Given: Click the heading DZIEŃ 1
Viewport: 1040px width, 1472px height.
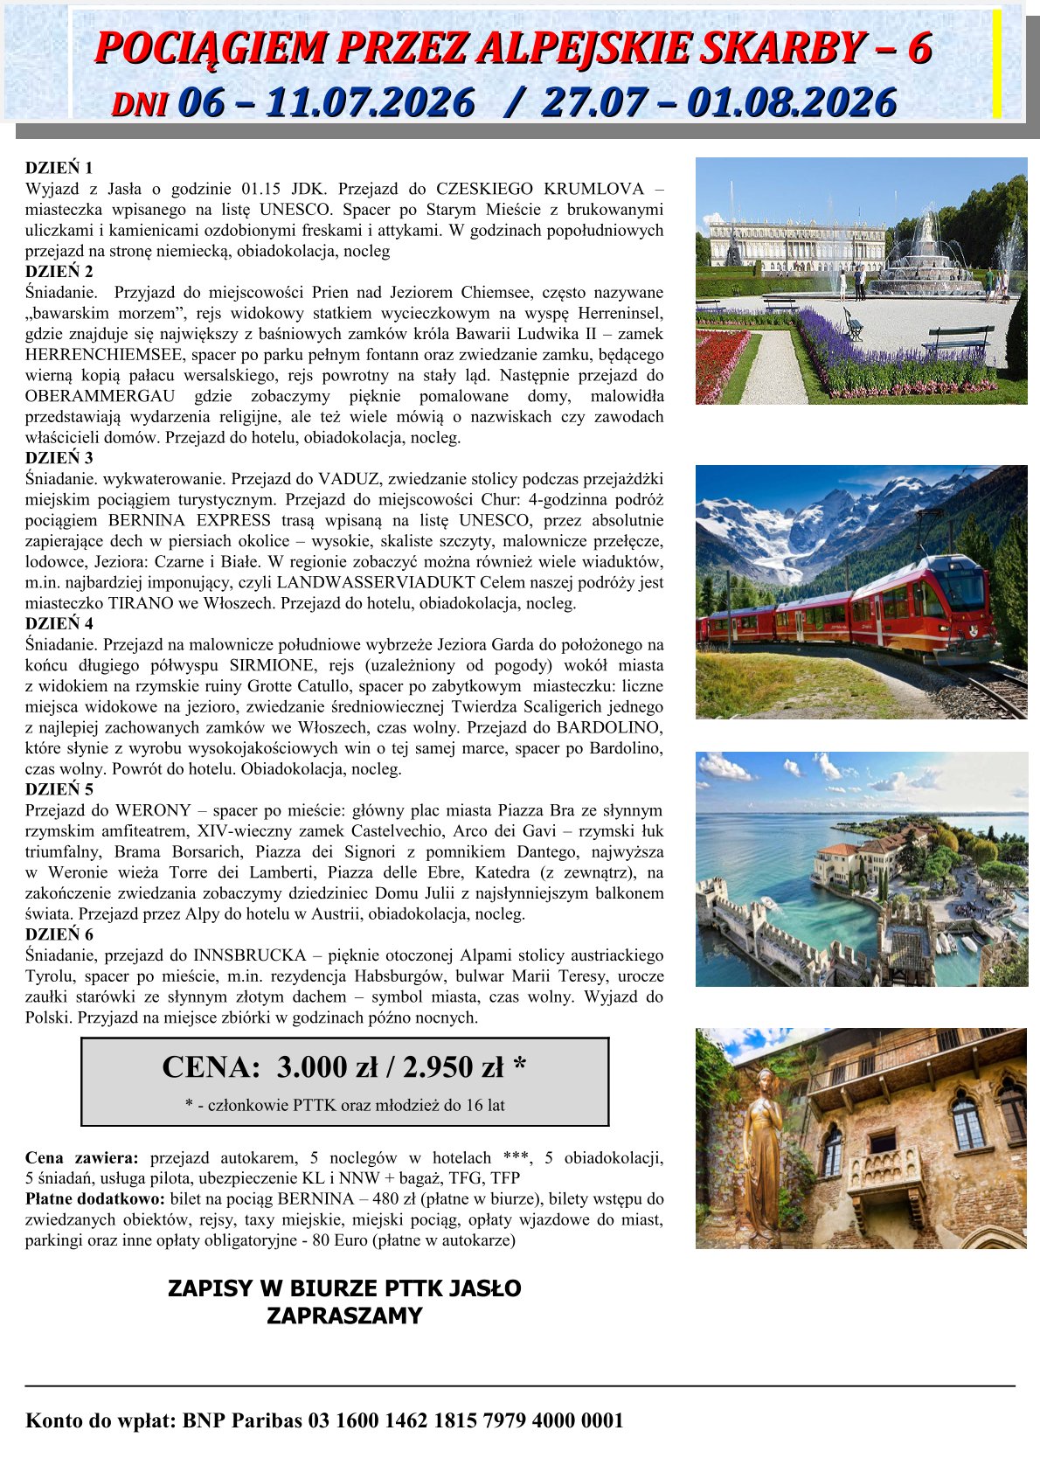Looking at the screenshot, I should pos(59,168).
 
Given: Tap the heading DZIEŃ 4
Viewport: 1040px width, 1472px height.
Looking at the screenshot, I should pos(59,624).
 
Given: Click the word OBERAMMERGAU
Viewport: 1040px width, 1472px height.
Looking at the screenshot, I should pos(100,397).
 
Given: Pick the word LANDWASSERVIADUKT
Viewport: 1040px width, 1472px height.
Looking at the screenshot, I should pos(377,583).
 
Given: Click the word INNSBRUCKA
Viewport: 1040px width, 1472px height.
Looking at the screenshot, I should pos(250,955).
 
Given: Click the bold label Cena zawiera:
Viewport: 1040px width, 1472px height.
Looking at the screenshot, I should pos(81,1158).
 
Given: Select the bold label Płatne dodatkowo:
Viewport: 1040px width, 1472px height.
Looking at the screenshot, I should pos(95,1199).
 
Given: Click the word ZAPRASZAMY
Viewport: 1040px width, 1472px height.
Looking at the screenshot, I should pos(344,1316).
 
